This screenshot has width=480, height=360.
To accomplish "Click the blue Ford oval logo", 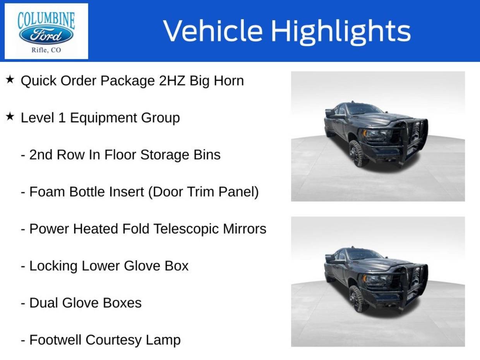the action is click(x=46, y=35).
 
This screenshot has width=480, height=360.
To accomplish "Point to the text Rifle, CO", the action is click(x=46, y=50).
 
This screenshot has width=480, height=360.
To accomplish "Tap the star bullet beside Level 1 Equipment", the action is click(x=10, y=117).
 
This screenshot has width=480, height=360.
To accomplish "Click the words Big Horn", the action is click(x=217, y=81).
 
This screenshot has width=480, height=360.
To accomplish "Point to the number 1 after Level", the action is click(x=62, y=118).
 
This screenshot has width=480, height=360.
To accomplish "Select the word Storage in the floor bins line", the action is click(x=165, y=155).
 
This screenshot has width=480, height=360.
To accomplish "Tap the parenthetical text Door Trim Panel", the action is click(x=203, y=192).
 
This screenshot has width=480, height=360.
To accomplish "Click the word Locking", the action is click(x=53, y=266).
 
